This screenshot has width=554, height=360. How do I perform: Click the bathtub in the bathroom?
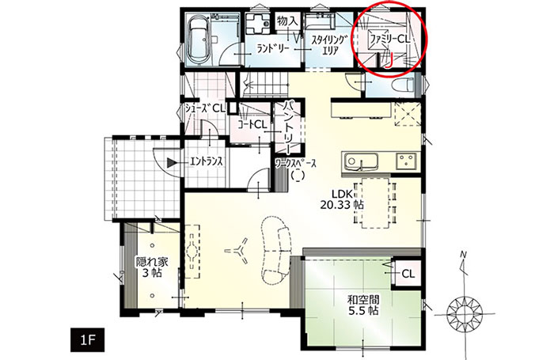[199, 40]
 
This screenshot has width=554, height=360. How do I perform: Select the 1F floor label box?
[88, 340]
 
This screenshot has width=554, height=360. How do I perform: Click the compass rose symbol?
[465, 313]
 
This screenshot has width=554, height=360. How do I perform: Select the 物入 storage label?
[288, 21]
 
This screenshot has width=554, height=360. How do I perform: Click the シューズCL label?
[205, 108]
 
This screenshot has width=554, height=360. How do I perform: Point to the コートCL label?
[252, 124]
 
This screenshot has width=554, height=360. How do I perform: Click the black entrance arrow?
[172, 162]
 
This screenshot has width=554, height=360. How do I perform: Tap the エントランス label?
[207, 162]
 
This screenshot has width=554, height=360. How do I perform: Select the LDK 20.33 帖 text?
[342, 199]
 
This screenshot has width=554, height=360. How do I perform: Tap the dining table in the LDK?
[375, 203]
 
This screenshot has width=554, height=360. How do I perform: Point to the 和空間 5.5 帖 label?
[363, 305]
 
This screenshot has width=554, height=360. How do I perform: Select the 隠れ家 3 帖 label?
[152, 267]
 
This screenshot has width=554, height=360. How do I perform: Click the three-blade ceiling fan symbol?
[237, 251]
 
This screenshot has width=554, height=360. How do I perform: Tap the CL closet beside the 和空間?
[408, 274]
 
